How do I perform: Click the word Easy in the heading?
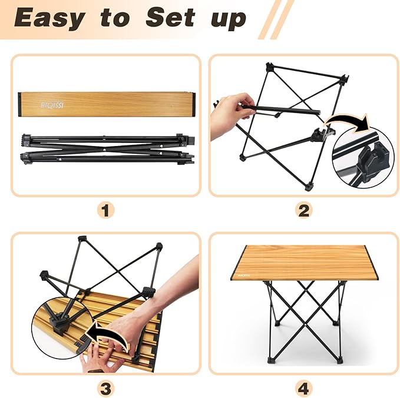[49, 19]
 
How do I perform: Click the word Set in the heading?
[171, 19]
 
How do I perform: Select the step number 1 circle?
[106, 210]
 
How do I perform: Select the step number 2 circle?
[303, 210]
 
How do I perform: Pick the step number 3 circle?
[106, 388]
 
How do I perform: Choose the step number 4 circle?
[303, 388]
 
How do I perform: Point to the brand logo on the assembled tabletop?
[244, 274]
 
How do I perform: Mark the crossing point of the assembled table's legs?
[303, 306]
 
